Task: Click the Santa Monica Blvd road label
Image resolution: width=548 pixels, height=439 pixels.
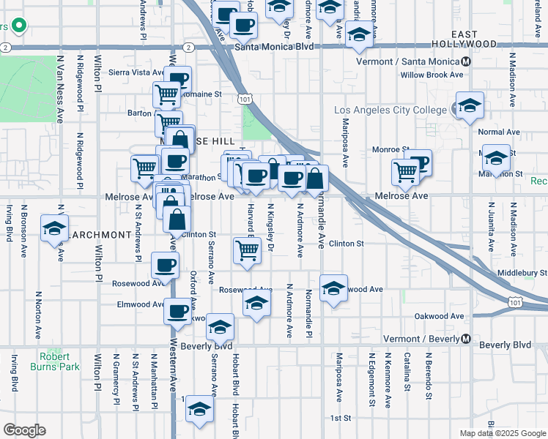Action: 275,47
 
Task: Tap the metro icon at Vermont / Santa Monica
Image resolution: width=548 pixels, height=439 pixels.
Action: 466,61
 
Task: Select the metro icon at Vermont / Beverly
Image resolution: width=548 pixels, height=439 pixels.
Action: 466,339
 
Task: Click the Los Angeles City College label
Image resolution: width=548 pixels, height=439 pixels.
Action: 390,110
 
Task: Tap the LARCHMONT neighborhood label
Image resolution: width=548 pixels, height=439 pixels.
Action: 101,235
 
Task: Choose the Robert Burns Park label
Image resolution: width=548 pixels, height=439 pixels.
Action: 50,361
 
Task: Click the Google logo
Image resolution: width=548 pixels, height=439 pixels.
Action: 25,429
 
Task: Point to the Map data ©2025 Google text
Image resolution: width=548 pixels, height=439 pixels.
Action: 503,433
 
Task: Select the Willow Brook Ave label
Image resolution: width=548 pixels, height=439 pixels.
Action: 432,75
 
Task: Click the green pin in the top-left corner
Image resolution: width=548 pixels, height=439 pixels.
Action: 18,27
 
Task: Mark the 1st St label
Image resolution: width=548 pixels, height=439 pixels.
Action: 341,418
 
